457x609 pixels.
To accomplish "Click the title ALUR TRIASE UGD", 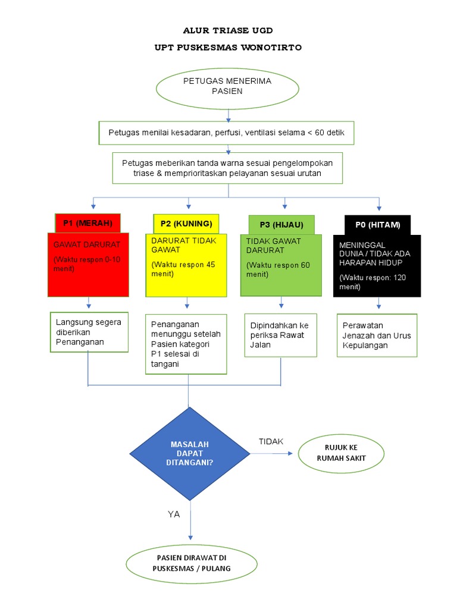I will click(x=228, y=30).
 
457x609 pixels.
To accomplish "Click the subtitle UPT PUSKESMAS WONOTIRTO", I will click(x=228, y=48).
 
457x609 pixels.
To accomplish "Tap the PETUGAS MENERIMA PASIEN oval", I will click(x=228, y=87).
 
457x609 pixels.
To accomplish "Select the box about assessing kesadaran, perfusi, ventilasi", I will click(x=226, y=132).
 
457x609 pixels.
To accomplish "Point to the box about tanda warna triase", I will click(x=227, y=168).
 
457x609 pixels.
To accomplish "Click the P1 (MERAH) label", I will click(x=87, y=224).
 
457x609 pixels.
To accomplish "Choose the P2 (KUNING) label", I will click(x=186, y=224).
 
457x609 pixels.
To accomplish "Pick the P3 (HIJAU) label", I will click(x=281, y=224).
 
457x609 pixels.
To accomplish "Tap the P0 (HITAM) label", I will click(x=377, y=225).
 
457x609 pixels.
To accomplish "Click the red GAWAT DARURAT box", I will click(x=88, y=265).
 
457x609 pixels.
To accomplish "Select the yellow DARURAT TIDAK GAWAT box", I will click(x=186, y=265).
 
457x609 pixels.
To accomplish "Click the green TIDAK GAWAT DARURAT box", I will click(x=281, y=265).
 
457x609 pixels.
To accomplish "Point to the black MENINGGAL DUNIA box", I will click(x=378, y=265).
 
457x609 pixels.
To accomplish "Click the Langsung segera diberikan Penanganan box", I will click(x=89, y=332).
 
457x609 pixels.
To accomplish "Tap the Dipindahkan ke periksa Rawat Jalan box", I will click(x=281, y=335).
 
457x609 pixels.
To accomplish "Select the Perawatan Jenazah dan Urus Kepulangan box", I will click(x=378, y=335).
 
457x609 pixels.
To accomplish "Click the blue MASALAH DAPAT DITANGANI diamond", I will click(x=190, y=454).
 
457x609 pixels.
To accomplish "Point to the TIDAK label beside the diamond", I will click(x=271, y=441).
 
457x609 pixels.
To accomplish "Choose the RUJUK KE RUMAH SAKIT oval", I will click(x=341, y=453).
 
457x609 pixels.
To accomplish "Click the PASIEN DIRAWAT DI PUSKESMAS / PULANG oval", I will click(x=191, y=563).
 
